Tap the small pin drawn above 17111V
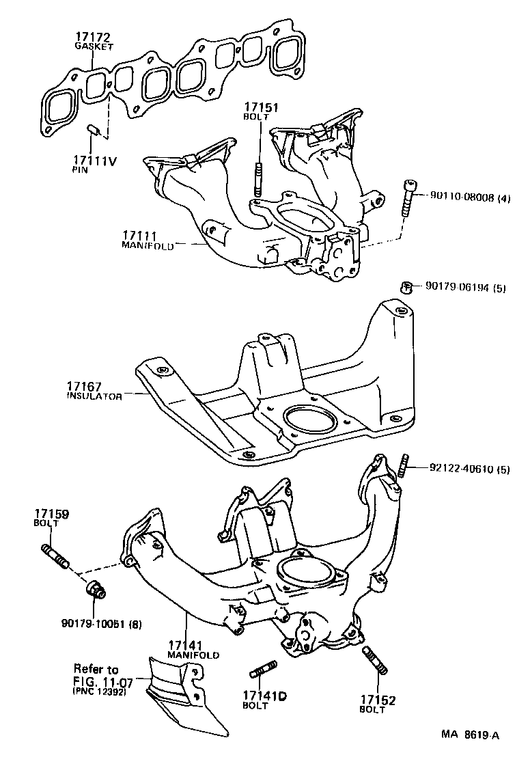pos(96,130)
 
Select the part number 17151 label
pos(259,107)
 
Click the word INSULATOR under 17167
pos(94,396)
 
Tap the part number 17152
pos(378,700)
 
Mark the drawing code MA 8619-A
pos(469,735)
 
